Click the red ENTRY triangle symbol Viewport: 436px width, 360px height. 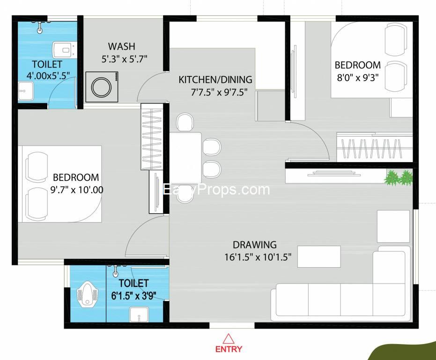(x=229, y=338)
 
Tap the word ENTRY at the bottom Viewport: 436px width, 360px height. (x=229, y=349)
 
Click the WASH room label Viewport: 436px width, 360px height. (x=121, y=46)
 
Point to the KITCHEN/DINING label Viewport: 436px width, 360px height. (x=215, y=80)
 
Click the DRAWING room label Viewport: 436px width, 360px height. (x=254, y=245)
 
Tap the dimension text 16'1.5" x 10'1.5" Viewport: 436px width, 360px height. (x=258, y=256)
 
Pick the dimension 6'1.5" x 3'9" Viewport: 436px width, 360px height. (x=133, y=295)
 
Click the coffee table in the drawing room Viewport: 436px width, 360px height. (x=319, y=256)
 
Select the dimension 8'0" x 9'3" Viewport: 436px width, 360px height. (x=357, y=77)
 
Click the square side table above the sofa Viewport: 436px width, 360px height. (x=393, y=226)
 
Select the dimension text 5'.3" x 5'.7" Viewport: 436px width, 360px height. (x=121, y=59)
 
